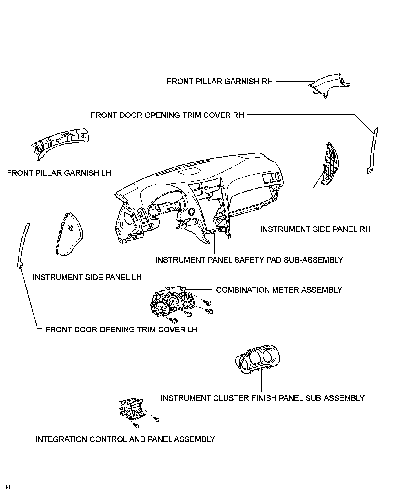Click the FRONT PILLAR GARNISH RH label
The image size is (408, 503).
(220, 82)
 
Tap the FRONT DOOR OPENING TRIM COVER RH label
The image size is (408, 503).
(167, 115)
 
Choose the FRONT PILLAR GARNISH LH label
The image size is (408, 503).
(59, 173)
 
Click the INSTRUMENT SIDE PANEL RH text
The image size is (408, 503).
(315, 229)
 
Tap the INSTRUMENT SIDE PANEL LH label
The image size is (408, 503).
(87, 278)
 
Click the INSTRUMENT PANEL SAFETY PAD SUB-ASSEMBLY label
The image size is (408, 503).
(249, 260)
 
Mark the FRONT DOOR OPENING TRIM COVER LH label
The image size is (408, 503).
(121, 330)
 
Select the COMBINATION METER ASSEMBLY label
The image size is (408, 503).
(279, 290)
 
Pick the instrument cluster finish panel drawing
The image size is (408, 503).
(258, 359)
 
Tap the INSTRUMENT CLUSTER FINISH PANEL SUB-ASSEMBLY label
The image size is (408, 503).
(262, 398)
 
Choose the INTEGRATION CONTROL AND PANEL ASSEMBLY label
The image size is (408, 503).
(125, 439)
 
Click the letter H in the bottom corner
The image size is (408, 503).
(8, 487)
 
